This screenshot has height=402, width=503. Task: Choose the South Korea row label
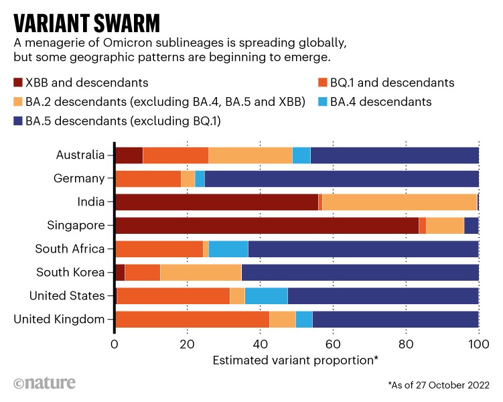pyautogui.click(x=70, y=272)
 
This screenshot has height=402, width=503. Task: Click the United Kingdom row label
pyautogui.click(x=59, y=319)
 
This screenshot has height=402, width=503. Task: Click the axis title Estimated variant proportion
pyautogui.click(x=295, y=360)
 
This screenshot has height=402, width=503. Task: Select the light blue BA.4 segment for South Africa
pyautogui.click(x=228, y=249)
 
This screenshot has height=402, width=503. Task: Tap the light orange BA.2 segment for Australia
pyautogui.click(x=250, y=155)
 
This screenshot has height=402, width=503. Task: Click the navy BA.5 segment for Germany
pyautogui.click(x=342, y=178)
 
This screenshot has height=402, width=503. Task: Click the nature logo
pyautogui.click(x=44, y=383)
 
